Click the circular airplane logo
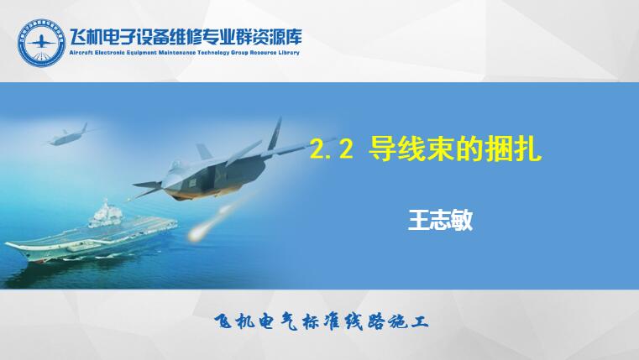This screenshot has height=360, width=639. pos(41,42)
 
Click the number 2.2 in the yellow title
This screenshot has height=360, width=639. pos(332,149)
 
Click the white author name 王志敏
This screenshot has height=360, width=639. pos(441,221)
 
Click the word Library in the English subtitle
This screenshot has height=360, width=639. pos(289,53)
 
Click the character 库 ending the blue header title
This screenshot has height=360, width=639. pos(292,37)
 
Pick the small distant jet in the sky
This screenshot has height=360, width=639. pos(67,136)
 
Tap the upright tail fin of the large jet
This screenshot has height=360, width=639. pos(275,134)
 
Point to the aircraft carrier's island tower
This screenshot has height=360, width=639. pos(106,212)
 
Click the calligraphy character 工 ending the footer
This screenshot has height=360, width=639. pos(419,322)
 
